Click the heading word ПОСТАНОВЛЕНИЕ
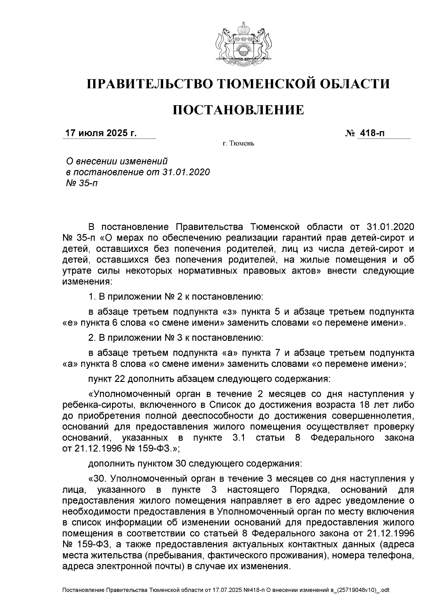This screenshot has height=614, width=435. [238, 110]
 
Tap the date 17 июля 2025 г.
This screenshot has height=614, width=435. [100, 133]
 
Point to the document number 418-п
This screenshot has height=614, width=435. [371, 133]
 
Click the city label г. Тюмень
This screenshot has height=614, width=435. [238, 144]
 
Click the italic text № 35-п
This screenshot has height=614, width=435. [80, 183]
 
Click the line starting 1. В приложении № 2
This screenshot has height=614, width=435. [175, 297]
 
